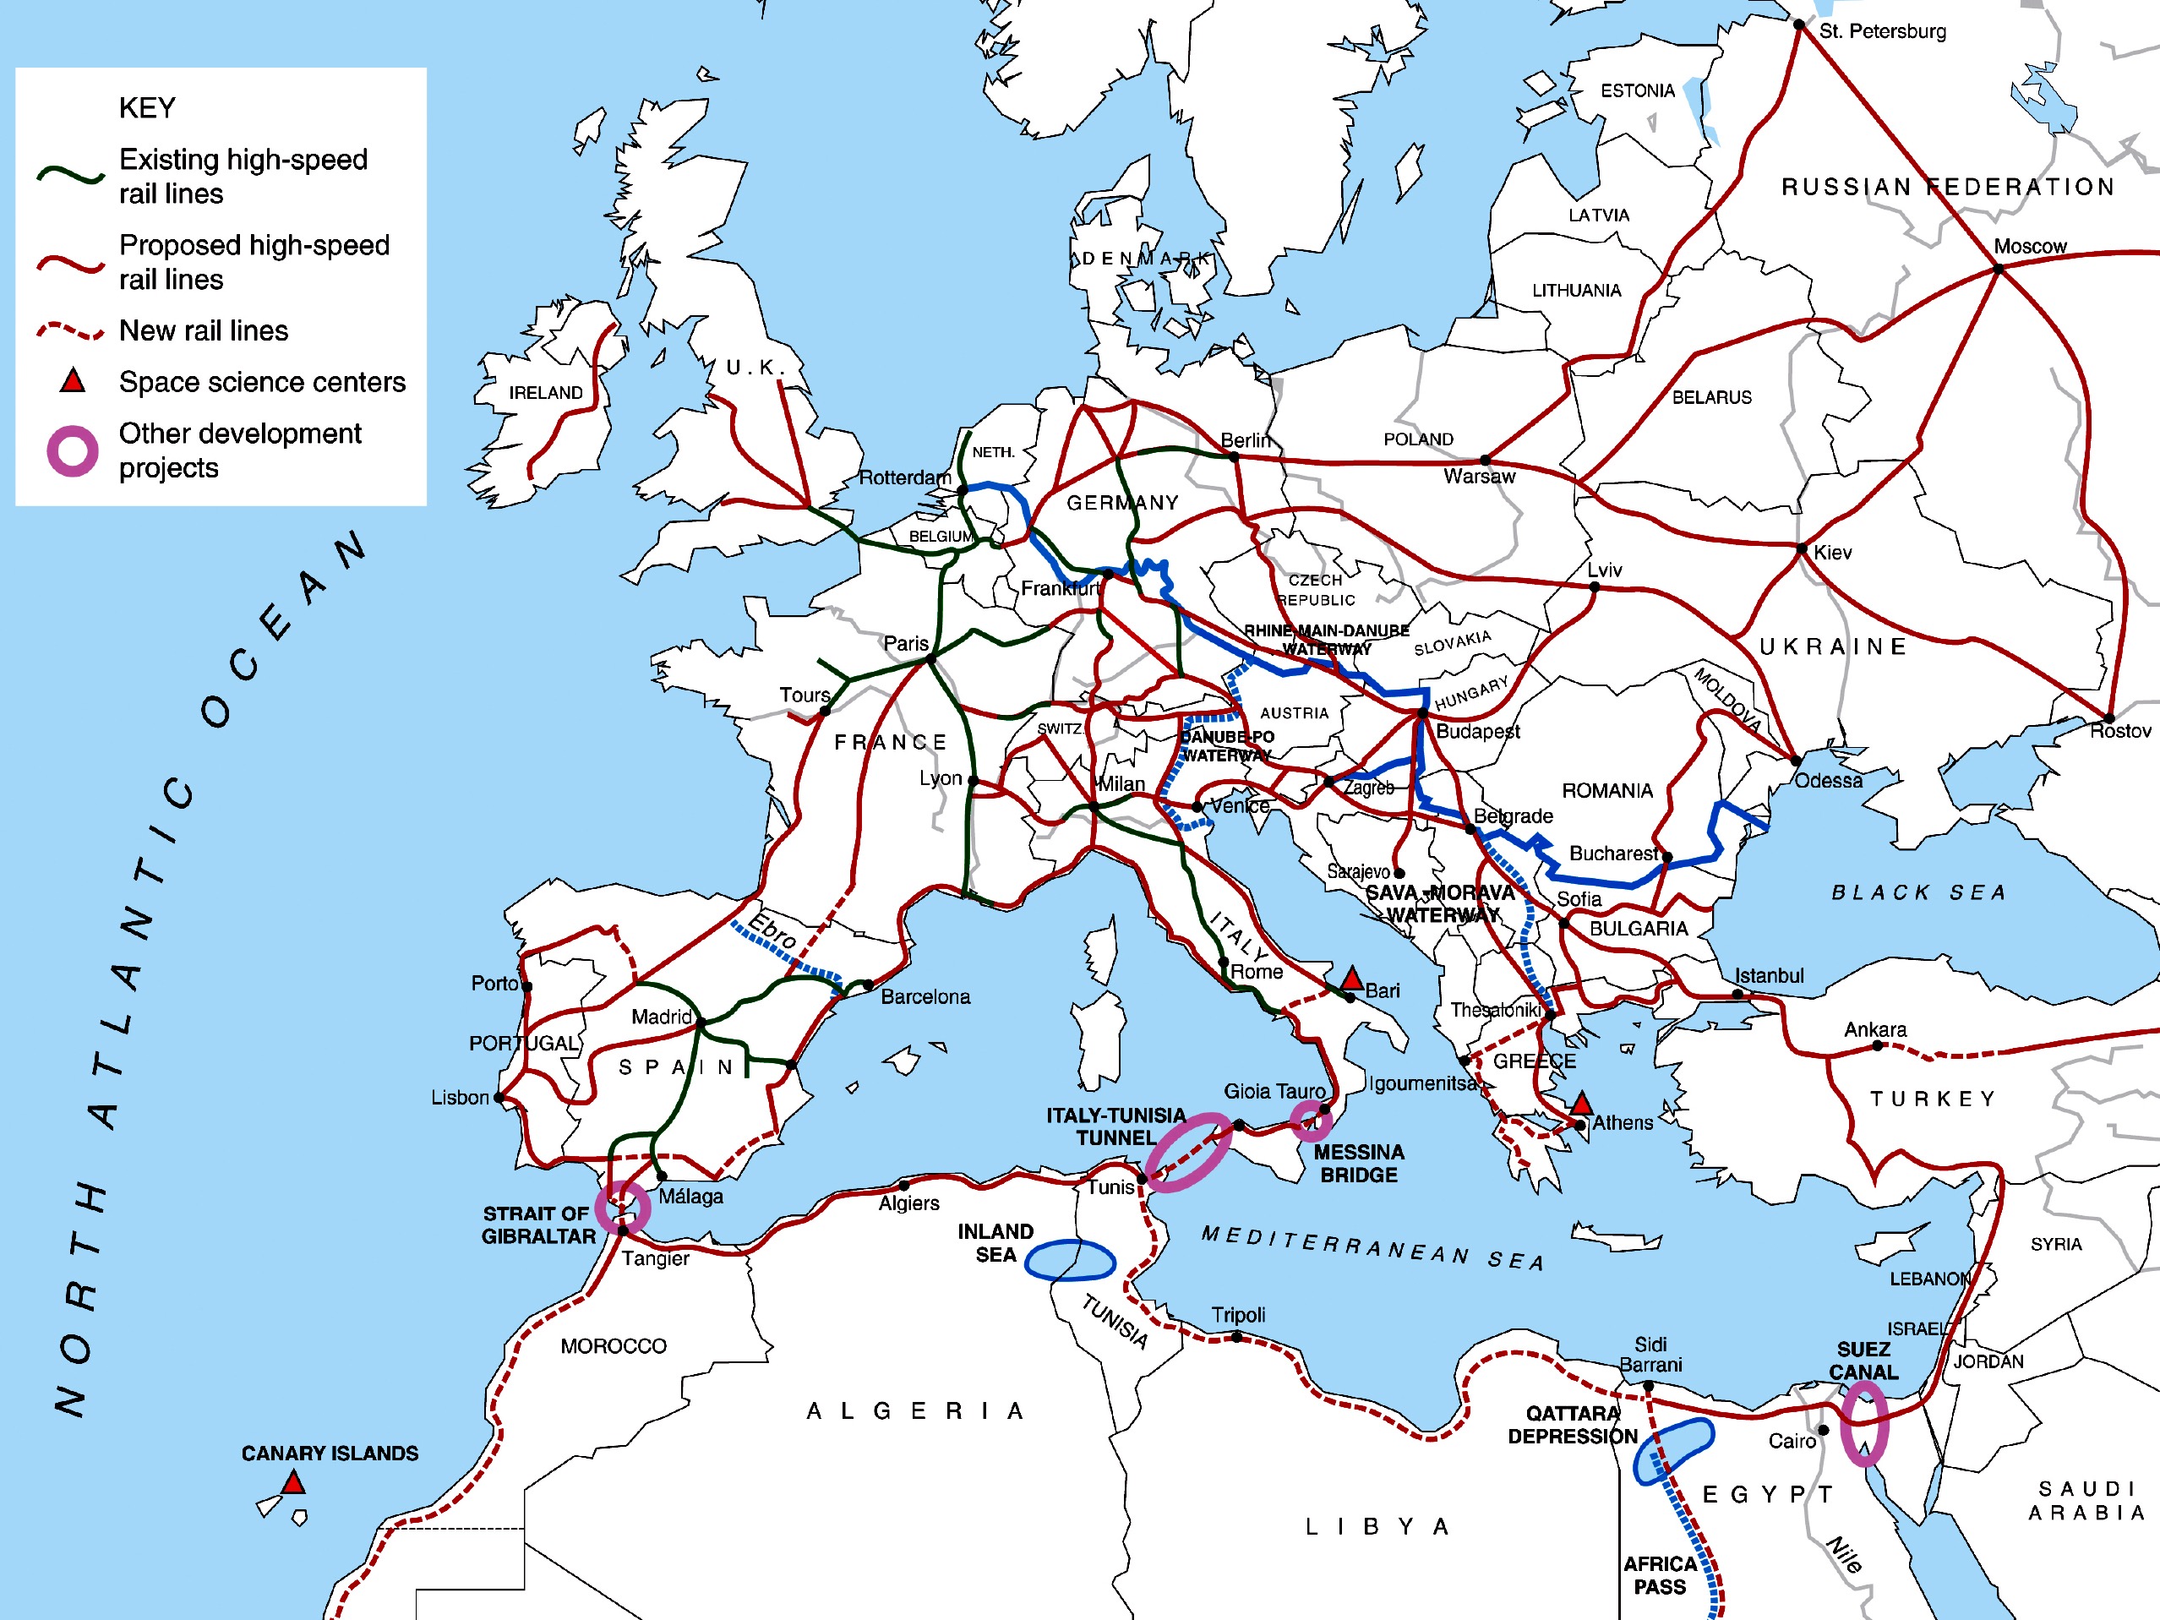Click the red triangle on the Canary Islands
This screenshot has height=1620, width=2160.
coord(293,1484)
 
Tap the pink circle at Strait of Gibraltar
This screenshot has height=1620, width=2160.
coord(623,1207)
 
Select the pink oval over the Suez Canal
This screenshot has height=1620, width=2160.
coord(1864,1424)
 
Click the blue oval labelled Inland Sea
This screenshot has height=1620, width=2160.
coord(1070,1260)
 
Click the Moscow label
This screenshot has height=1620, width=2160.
coord(2029,246)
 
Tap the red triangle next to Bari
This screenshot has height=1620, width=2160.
coord(1351,979)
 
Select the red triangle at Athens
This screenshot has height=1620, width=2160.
coord(1582,1105)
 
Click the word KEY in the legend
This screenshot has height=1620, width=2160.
coord(146,107)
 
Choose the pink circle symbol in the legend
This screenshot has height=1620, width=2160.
coord(73,451)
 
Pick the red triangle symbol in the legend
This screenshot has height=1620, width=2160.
coord(73,381)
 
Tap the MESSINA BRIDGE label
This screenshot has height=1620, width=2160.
coord(1358,1163)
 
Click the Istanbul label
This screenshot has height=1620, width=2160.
coord(1769,975)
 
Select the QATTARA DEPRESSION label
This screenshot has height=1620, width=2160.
coord(1572,1425)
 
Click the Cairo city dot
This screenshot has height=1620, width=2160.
coord(1823,1431)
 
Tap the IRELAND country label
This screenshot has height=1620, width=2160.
coord(545,393)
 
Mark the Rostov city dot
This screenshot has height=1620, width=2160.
coord(2109,718)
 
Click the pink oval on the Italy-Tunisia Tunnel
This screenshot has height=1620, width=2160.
coord(1188,1153)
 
